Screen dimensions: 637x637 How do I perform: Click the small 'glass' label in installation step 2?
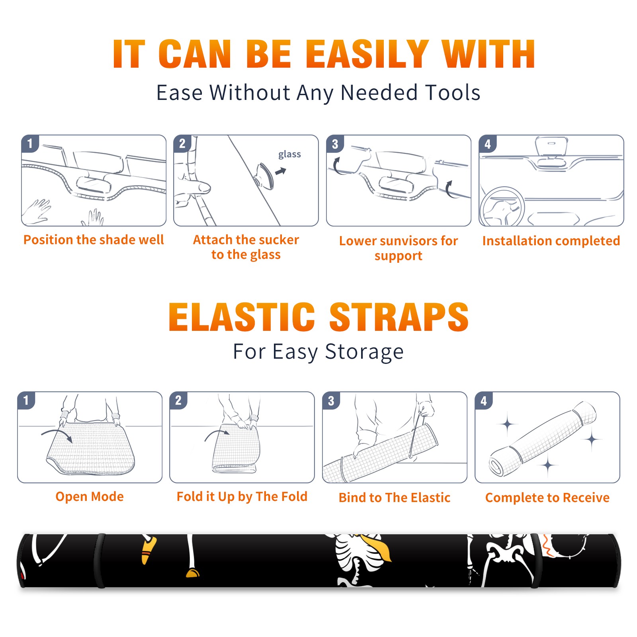click(x=289, y=154)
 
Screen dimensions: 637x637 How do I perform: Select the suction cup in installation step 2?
click(x=265, y=176)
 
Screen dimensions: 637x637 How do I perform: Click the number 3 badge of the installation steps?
click(x=335, y=144)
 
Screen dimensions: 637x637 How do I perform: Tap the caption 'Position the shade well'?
click(x=94, y=240)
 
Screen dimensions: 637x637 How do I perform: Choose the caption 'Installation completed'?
click(x=551, y=240)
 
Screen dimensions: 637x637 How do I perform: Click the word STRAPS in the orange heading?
click(x=399, y=317)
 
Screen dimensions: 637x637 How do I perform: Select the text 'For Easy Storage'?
click(x=318, y=352)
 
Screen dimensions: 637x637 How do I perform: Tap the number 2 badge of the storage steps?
click(x=178, y=400)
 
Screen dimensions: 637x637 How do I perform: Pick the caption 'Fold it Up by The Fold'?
click(x=242, y=496)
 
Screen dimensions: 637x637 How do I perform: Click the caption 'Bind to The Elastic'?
click(x=394, y=497)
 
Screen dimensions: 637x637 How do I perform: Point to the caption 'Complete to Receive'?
click(x=547, y=498)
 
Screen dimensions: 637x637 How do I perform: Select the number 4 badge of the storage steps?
click(x=484, y=401)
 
